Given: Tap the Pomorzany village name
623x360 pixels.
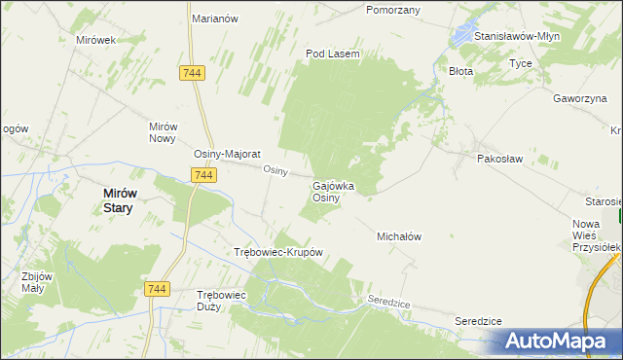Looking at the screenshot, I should (x=392, y=10).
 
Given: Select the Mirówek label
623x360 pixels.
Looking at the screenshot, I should (x=95, y=40).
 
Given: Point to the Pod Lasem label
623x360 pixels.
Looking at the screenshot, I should (x=333, y=54).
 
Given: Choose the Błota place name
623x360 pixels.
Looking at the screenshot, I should (x=459, y=71).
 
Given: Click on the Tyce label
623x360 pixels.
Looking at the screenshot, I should (x=520, y=63).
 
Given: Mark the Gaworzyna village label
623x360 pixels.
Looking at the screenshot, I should (x=580, y=98).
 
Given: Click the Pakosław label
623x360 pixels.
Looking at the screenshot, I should (x=499, y=158).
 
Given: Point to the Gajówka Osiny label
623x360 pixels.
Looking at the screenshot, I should (x=332, y=192).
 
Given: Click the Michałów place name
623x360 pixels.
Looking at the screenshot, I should (x=398, y=236).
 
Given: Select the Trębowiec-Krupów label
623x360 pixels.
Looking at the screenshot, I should (x=278, y=252).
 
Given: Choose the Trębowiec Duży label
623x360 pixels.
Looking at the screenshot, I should (x=222, y=300).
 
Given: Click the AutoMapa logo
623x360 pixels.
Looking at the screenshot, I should (x=556, y=341).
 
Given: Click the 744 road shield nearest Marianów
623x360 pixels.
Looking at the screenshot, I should (x=191, y=73).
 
